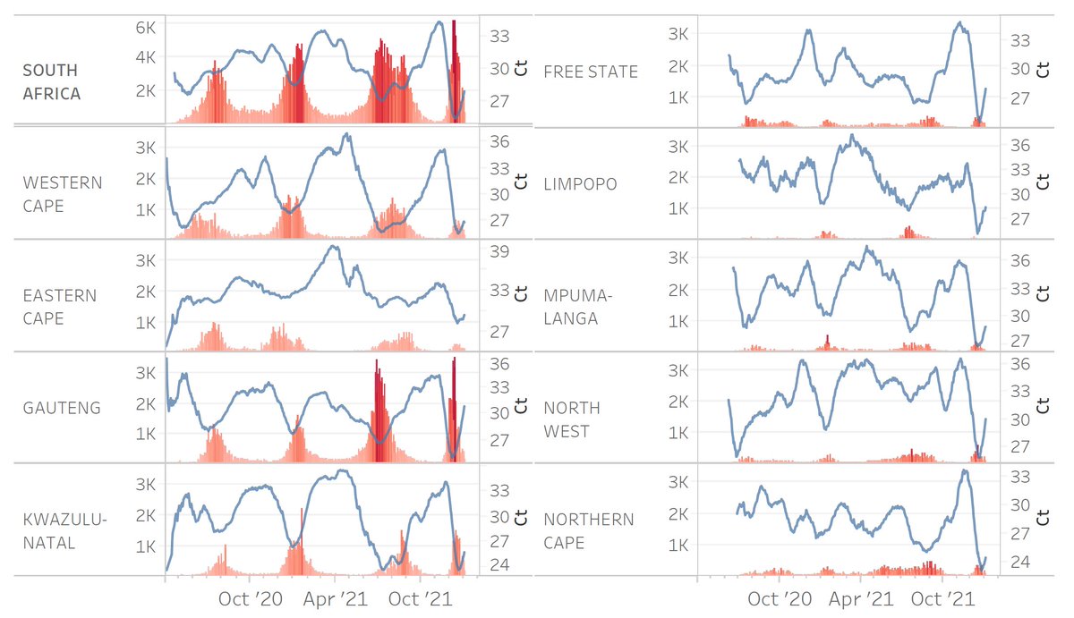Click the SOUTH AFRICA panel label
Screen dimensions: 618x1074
coord(51,81)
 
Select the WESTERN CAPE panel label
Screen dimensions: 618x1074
coord(63,194)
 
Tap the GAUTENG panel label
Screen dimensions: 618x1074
coord(62,408)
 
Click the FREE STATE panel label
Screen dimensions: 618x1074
coord(591,72)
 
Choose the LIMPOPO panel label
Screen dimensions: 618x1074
coord(581,184)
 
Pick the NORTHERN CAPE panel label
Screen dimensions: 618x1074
coord(588,531)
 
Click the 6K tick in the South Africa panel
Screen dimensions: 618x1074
coord(145,28)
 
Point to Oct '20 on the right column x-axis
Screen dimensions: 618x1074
coord(775,598)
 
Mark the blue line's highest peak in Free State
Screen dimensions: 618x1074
coord(959,23)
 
